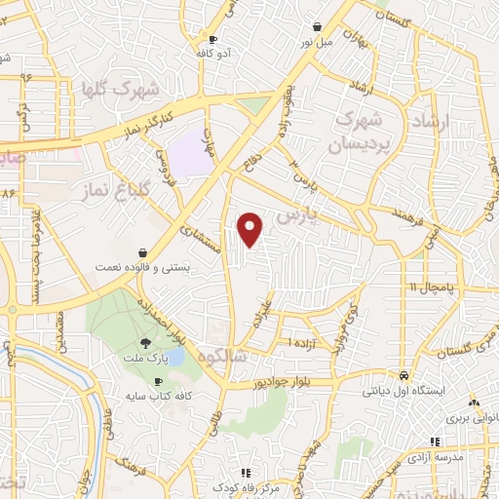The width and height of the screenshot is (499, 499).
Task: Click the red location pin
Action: [x=251, y=229]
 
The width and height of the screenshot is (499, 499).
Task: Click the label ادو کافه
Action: [x=212, y=55]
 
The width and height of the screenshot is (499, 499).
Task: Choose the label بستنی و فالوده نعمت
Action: [x=143, y=265]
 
